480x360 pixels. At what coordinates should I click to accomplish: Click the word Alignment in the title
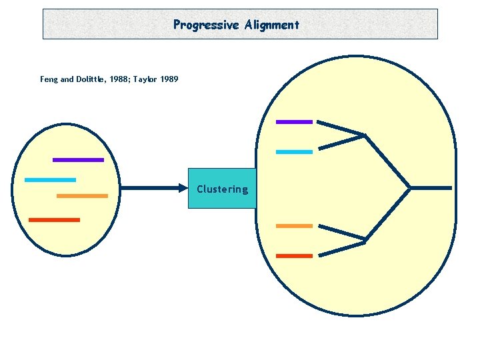coord(272,25)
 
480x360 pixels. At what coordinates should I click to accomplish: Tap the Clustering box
coord(222,189)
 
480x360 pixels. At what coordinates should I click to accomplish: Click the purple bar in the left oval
coord(78,160)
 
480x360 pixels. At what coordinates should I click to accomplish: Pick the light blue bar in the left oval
coord(50,180)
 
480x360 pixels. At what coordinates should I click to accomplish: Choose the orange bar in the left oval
coord(82,196)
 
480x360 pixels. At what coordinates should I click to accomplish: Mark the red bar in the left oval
coord(54,219)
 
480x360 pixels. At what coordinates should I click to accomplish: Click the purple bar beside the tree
coord(294,122)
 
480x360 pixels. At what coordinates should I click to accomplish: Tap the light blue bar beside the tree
coord(294,152)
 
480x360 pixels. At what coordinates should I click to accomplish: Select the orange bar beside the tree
coord(294,226)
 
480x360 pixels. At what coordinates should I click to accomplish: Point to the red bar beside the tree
coord(294,256)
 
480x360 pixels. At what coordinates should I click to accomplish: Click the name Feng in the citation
coord(49,79)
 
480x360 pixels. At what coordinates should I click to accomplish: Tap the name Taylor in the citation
coord(145,79)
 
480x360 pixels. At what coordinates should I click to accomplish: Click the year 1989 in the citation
coord(169,79)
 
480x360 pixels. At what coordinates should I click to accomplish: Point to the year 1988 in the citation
coord(118,79)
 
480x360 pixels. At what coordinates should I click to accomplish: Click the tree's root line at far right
coord(431,188)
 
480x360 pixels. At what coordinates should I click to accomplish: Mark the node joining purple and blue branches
coord(365,136)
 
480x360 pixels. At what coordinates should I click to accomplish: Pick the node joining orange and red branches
coord(365,241)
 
